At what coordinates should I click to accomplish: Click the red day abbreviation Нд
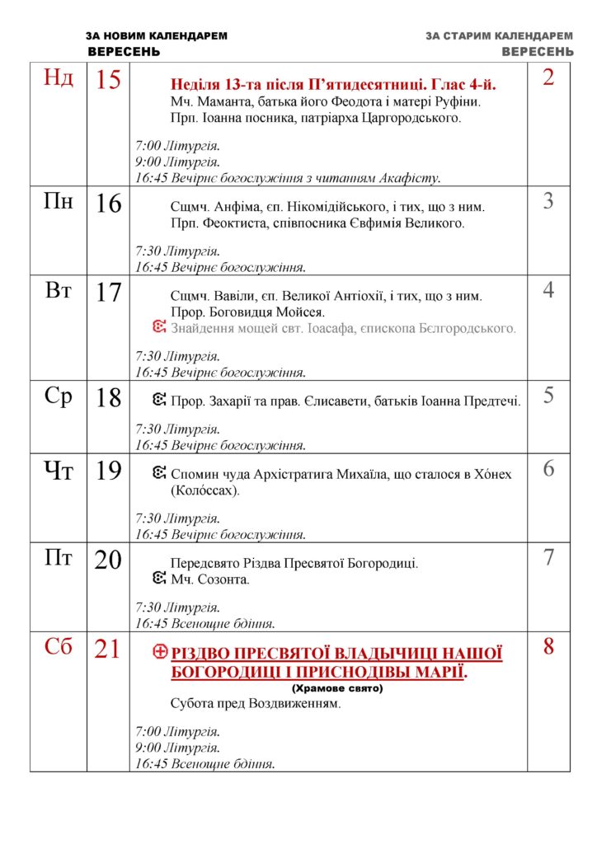click(x=59, y=78)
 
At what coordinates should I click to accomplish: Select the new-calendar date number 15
click(x=108, y=80)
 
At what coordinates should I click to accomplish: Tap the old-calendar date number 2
click(x=548, y=78)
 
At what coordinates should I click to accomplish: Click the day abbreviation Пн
click(x=59, y=201)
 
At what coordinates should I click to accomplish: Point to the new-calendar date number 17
click(x=108, y=292)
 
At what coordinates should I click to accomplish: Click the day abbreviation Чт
click(x=59, y=470)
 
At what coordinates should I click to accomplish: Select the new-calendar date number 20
click(x=108, y=560)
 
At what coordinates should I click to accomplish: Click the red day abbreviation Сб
click(x=59, y=648)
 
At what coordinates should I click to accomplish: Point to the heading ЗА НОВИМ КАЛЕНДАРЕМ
click(x=157, y=36)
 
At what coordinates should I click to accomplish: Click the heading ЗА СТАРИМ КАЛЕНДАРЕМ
click(x=500, y=36)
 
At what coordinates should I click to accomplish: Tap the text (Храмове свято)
click(x=337, y=687)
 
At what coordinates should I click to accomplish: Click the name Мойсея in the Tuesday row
click(x=302, y=312)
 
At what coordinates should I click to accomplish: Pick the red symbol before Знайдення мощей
click(x=161, y=328)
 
